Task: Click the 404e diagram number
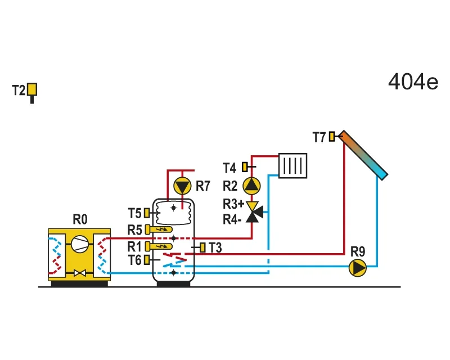click(413, 82)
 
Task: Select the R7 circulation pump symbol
click(182, 186)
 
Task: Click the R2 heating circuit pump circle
click(251, 186)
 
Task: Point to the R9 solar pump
click(358, 268)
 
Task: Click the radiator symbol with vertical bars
click(292, 165)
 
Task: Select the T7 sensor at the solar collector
click(332, 136)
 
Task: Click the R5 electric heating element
click(159, 229)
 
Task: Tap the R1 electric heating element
click(159, 246)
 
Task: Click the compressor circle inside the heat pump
click(79, 244)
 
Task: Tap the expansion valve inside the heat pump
click(80, 273)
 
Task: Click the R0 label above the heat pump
click(80, 219)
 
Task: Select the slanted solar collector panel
click(363, 155)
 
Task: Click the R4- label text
click(232, 219)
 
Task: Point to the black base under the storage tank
click(173, 283)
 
